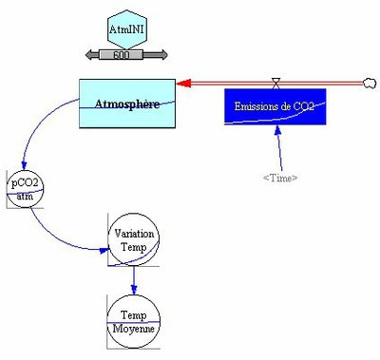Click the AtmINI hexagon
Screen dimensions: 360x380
point(126,32)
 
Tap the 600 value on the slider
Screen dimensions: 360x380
point(122,54)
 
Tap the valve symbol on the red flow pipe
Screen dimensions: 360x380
point(275,82)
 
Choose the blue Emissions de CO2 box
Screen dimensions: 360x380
point(275,106)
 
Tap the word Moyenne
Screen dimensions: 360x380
point(134,327)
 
